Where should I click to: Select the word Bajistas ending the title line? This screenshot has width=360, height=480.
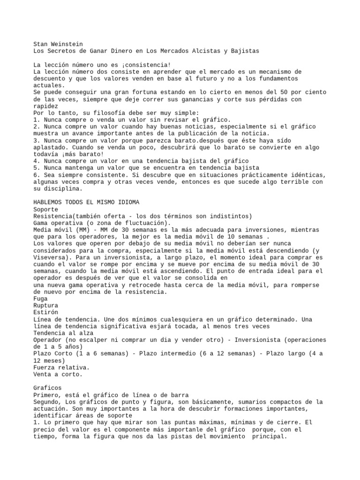pos(244,50)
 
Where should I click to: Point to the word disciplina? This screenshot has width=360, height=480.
pos(63,189)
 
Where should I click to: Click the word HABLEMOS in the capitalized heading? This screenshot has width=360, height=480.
pos(48,202)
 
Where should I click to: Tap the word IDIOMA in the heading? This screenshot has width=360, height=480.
pos(127,202)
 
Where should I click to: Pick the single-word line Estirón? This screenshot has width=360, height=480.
pos(45,312)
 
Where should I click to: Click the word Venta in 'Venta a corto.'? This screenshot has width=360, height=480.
pos(43,374)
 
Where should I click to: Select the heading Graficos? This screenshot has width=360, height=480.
pos(47,388)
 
